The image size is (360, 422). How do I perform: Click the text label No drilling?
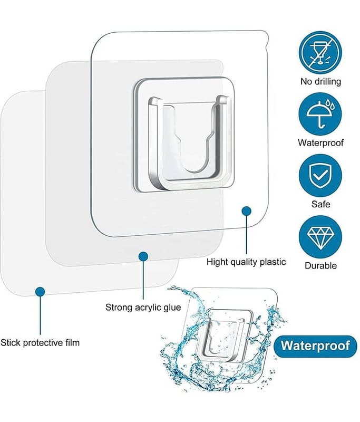(320, 81)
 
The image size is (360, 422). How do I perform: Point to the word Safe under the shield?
(320, 204)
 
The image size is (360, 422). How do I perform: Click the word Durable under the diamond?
(320, 265)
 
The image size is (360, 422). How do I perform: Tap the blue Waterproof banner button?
(315, 346)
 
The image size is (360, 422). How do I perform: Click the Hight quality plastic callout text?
(246, 262)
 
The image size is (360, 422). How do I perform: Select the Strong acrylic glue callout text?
(143, 307)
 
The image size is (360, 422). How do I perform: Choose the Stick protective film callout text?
(40, 343)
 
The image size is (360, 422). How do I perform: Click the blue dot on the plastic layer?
(246, 211)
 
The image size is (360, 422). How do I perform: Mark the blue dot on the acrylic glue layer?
(143, 256)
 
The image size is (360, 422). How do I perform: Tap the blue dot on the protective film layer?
(40, 291)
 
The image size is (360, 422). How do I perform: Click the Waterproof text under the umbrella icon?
(320, 142)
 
